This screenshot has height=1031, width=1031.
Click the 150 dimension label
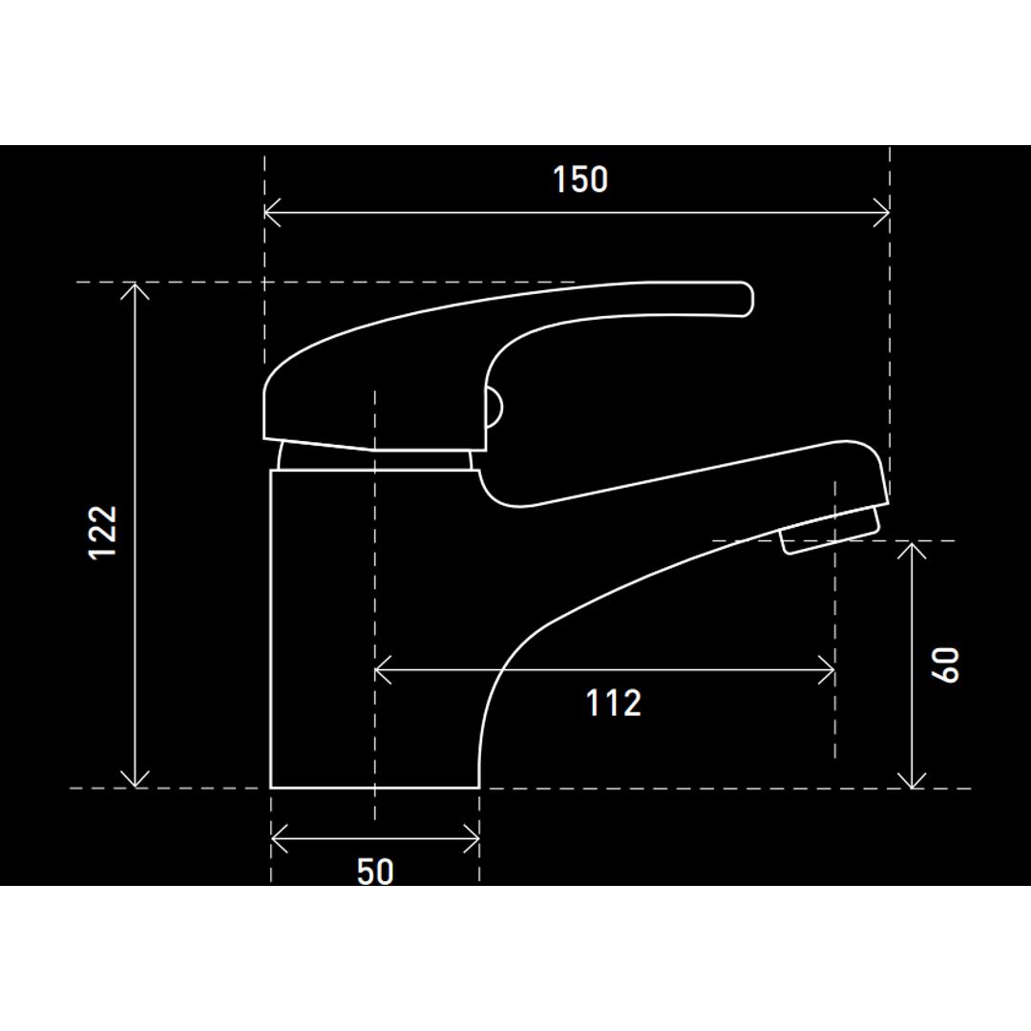click(x=580, y=179)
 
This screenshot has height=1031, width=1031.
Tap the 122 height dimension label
click(x=102, y=533)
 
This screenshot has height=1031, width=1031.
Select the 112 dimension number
click(x=614, y=703)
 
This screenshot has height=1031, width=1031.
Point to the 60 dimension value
click(x=945, y=665)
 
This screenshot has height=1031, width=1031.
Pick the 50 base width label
click(x=375, y=872)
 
